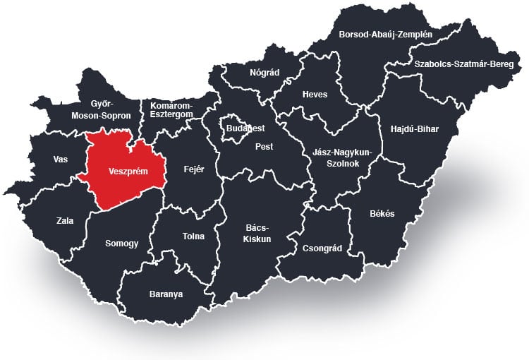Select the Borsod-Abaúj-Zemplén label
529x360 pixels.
click(x=385, y=33)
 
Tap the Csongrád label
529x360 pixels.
click(x=322, y=248)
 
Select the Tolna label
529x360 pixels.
click(x=193, y=236)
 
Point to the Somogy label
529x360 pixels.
click(x=121, y=244)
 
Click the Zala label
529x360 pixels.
click(x=65, y=221)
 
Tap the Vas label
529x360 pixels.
click(x=61, y=160)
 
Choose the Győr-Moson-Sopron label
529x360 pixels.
click(x=101, y=109)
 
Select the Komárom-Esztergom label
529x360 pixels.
click(x=172, y=109)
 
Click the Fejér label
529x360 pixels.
click(x=193, y=169)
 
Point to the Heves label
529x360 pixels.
click(x=315, y=95)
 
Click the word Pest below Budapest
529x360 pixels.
click(x=264, y=147)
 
